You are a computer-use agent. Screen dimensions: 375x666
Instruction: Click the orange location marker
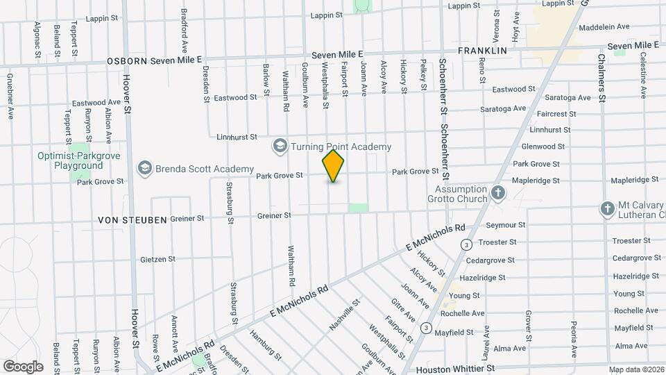point(334,166)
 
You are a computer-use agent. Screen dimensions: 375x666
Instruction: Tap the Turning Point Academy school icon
point(280,146)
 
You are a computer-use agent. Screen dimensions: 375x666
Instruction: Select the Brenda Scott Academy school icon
point(145,169)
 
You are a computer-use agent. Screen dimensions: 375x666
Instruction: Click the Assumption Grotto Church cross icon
point(497,192)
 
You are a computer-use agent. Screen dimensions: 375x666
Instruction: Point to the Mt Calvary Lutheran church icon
point(607,209)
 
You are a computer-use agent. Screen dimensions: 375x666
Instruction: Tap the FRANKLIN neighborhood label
point(482,51)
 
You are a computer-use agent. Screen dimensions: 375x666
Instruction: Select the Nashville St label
point(345,314)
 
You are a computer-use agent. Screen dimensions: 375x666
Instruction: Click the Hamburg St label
point(267,344)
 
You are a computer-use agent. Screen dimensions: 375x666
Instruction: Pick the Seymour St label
point(506,225)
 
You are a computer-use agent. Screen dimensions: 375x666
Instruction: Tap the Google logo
point(23,366)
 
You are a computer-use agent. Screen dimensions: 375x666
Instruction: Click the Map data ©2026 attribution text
point(636,369)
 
